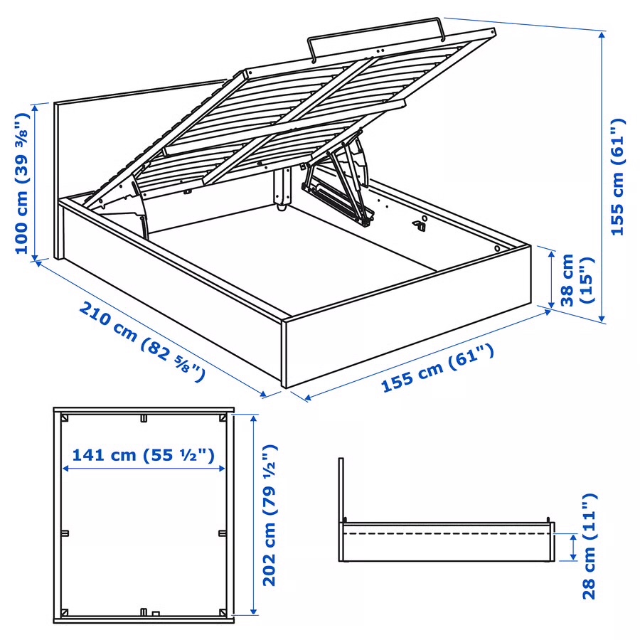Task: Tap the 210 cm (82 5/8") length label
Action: click(142, 341)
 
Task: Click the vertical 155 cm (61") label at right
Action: click(618, 176)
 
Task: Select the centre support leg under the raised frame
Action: click(282, 190)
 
